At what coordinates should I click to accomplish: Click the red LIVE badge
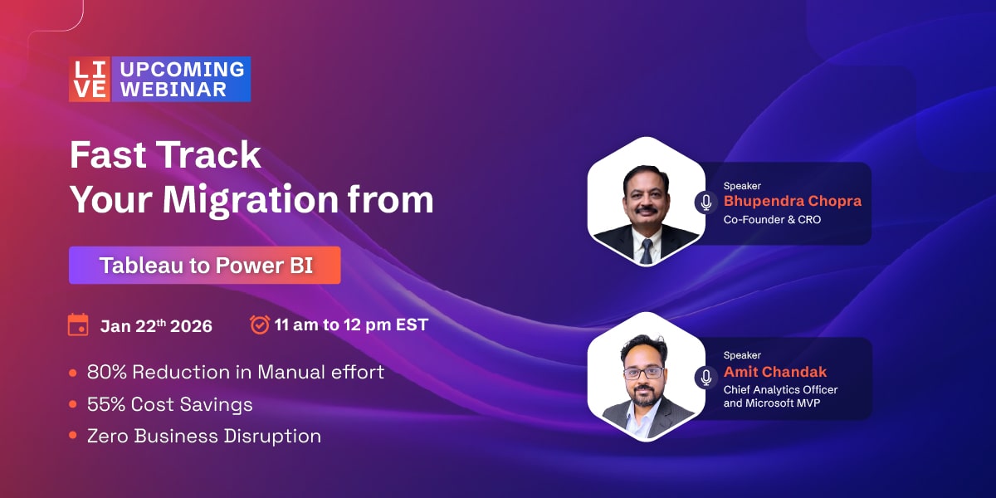coord(90,79)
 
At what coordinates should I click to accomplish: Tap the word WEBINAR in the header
coord(173,90)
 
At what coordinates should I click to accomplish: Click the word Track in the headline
coord(210,154)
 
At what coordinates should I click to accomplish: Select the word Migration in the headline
coord(251,200)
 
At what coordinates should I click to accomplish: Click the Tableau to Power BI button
coord(205,265)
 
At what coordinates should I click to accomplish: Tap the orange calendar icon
coord(78,325)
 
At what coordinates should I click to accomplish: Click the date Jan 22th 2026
coord(156,326)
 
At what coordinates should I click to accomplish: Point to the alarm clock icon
coord(260,325)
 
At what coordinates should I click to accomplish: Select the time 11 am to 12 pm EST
coord(351,325)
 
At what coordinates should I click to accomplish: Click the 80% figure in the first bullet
coord(107,372)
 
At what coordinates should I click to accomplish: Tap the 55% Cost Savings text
coord(170,404)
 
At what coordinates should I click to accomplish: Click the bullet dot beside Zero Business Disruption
coord(73,435)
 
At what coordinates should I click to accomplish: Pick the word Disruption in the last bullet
coord(272,436)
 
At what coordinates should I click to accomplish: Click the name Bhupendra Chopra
coord(793,201)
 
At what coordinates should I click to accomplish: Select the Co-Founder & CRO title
coord(772,220)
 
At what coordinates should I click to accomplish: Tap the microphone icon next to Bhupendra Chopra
coord(705,203)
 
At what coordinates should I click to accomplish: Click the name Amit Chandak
coord(775,371)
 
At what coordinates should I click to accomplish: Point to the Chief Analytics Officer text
coord(780,390)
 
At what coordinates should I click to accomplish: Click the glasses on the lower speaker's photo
coord(643,373)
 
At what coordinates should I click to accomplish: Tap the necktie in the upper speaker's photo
coord(646,251)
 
